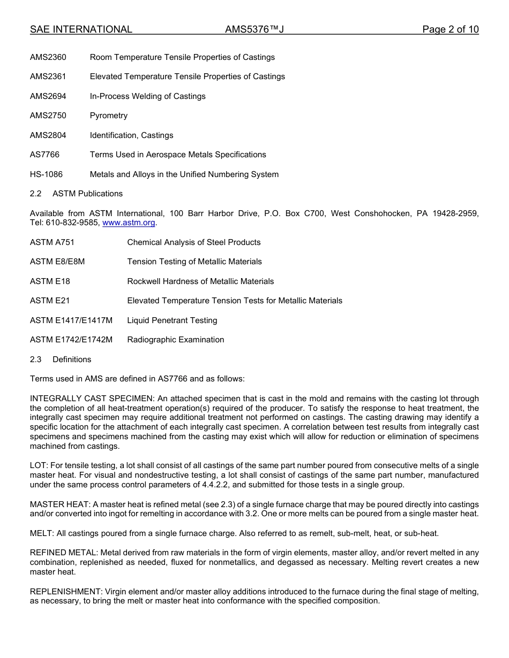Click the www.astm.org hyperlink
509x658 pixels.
click(x=129, y=223)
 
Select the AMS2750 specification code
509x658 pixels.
click(x=48, y=116)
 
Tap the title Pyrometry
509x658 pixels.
click(x=109, y=116)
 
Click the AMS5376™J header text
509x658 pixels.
click(x=254, y=29)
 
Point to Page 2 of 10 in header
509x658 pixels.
click(x=450, y=29)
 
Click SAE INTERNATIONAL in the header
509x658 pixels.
click(x=81, y=29)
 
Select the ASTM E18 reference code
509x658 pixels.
click(x=50, y=281)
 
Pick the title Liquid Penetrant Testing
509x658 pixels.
click(x=172, y=320)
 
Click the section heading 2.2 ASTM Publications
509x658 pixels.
click(x=76, y=194)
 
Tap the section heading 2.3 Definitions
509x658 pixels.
click(x=61, y=359)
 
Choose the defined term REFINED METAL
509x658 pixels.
click(x=64, y=553)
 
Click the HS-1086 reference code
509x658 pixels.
click(x=46, y=174)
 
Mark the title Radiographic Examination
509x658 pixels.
click(x=175, y=340)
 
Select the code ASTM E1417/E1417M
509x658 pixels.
click(x=71, y=320)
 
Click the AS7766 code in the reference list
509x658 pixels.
click(x=44, y=155)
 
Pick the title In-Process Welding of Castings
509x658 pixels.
click(x=147, y=96)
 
